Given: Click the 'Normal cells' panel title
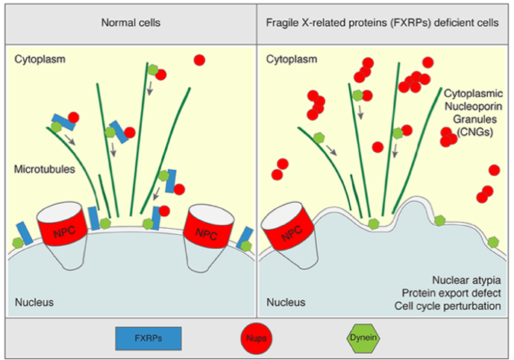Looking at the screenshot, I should click(131, 22).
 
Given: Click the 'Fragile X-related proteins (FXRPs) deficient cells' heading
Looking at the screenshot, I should click(383, 22).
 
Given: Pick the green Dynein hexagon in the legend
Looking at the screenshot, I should click(365, 339).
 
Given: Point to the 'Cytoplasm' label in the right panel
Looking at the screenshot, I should click(292, 59).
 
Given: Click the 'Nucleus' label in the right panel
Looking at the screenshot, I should click(286, 303).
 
